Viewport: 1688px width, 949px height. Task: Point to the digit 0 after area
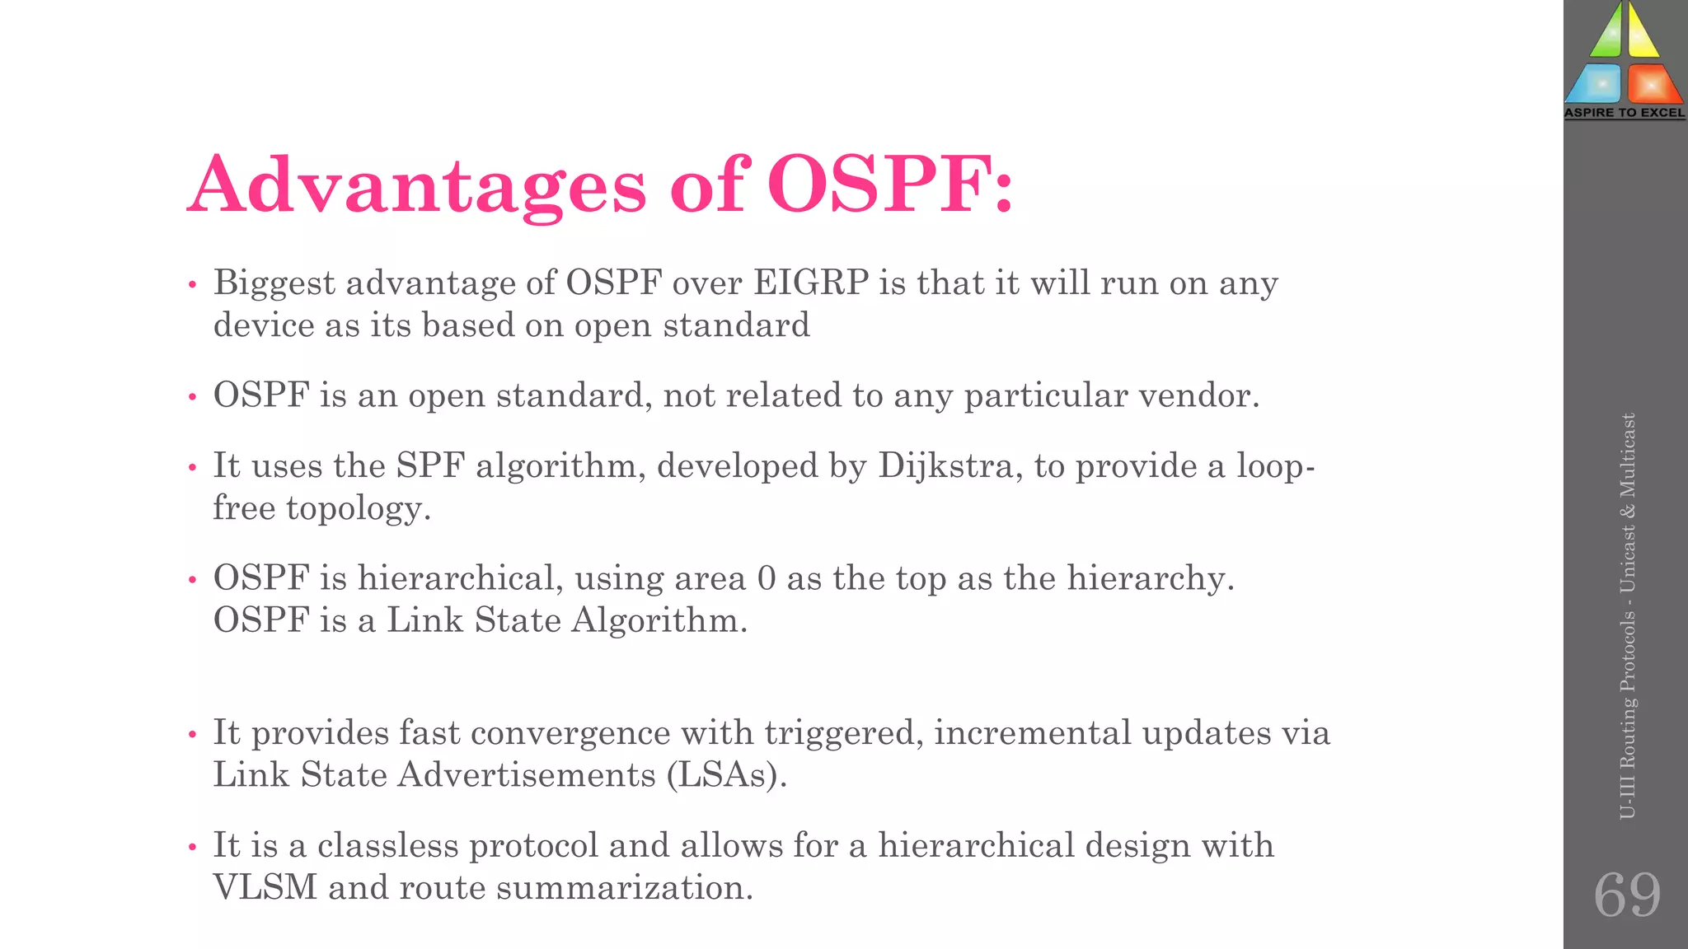(766, 578)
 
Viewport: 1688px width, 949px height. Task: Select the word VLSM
(265, 887)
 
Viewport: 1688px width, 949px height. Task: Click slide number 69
(1626, 895)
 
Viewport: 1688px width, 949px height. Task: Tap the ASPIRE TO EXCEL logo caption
(1625, 113)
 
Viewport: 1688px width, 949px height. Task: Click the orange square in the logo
(1652, 85)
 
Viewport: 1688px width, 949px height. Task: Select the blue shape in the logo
(1596, 85)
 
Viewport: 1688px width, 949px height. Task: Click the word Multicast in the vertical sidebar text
(1627, 456)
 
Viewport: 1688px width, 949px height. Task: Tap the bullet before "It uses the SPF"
(192, 468)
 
